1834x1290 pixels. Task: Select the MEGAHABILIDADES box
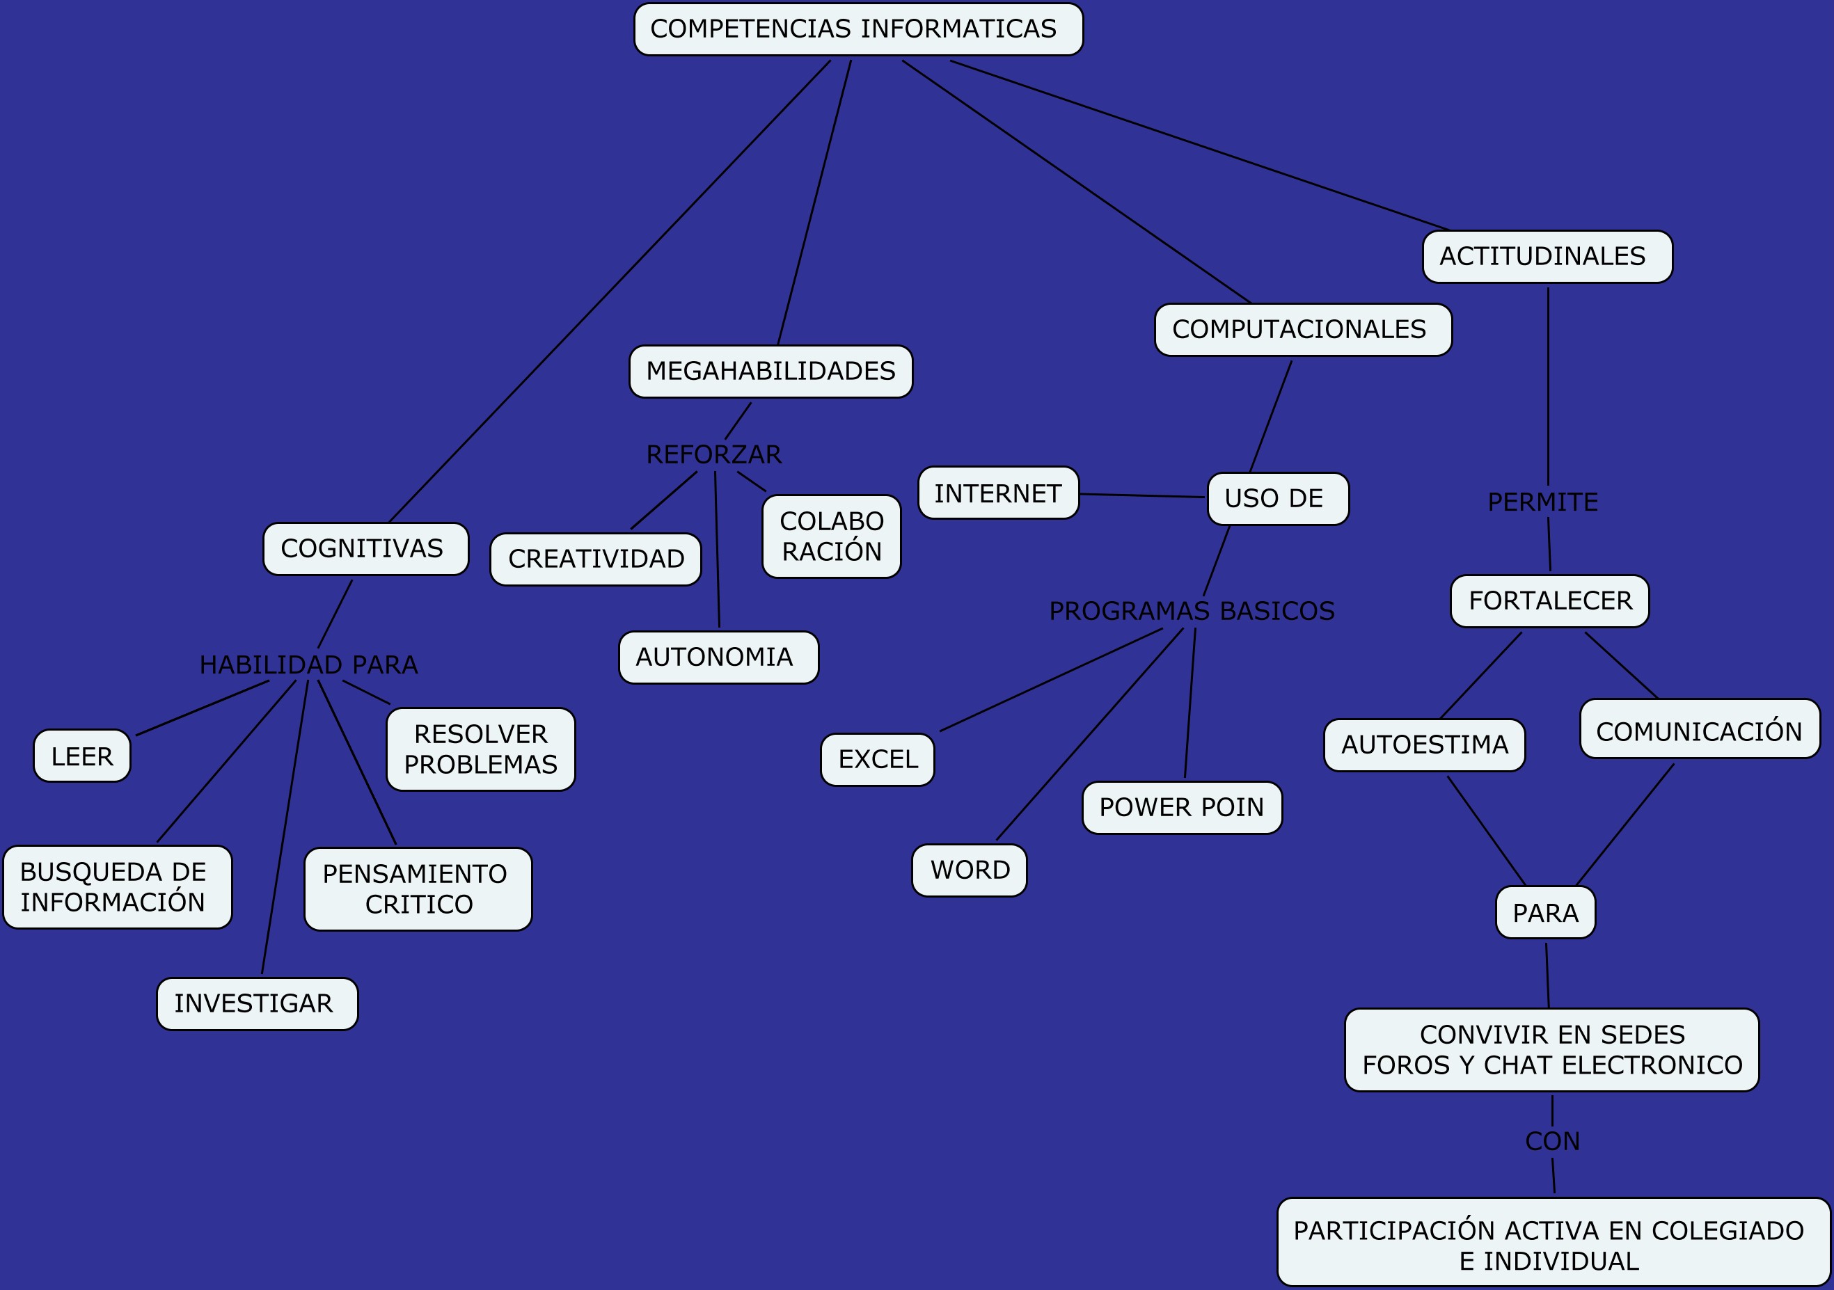[770, 372]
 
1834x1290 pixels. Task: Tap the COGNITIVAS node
[366, 549]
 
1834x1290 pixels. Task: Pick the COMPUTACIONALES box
[1303, 330]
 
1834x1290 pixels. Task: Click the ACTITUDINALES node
[1547, 257]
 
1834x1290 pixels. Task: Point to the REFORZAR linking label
[713, 454]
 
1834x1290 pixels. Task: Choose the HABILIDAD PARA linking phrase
[308, 664]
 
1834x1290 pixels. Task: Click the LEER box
[82, 756]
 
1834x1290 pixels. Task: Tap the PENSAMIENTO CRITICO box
[418, 889]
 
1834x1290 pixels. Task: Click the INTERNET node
[999, 493]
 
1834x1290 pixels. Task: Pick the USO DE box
[1278, 498]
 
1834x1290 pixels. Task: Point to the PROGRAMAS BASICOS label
[1191, 611]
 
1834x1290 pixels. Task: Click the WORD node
[969, 870]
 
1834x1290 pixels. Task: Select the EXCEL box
[877, 760]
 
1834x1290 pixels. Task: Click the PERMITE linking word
[1542, 502]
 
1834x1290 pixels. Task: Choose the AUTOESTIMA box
[1424, 745]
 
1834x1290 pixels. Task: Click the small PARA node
[1545, 912]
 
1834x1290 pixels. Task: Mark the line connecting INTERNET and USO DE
[1142, 496]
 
